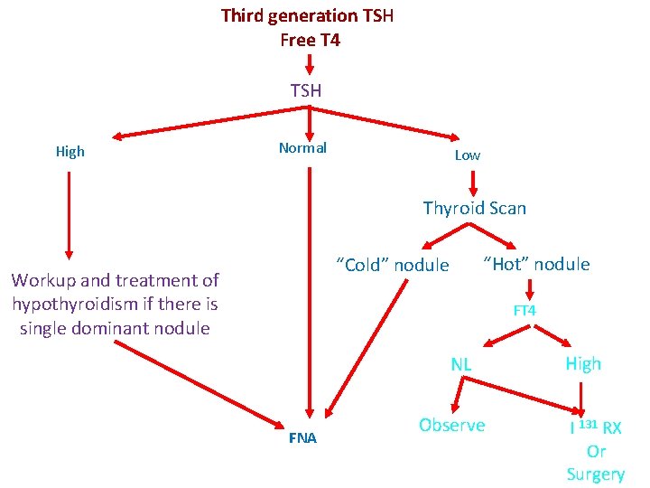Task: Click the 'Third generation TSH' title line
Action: (x=307, y=15)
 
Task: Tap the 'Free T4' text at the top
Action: (x=310, y=40)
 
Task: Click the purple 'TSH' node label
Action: (x=306, y=89)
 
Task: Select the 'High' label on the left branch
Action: (x=70, y=151)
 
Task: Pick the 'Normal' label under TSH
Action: (x=302, y=147)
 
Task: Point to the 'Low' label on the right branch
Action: (x=467, y=155)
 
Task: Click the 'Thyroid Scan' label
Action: (x=474, y=208)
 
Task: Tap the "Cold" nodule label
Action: (x=392, y=265)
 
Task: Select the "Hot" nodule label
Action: (x=536, y=264)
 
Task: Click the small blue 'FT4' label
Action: (x=525, y=310)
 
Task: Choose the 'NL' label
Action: (x=461, y=364)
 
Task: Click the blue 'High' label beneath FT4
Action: (x=583, y=363)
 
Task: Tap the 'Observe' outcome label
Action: (x=451, y=425)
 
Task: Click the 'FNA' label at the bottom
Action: (x=302, y=438)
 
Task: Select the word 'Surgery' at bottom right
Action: (x=595, y=474)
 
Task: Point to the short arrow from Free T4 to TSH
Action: (x=309, y=64)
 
